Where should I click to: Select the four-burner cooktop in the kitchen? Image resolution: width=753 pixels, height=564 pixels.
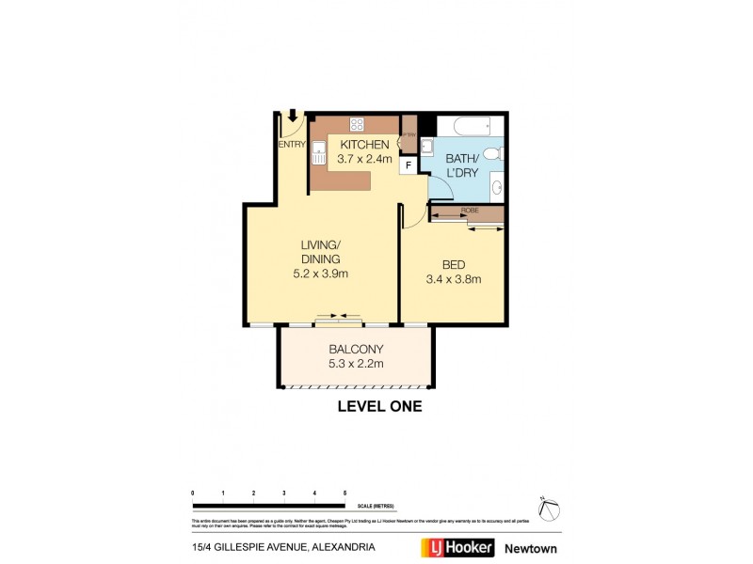(358, 123)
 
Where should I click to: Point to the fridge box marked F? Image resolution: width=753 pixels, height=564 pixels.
(409, 165)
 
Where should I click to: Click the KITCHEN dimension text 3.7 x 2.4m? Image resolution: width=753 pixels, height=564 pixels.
(364, 159)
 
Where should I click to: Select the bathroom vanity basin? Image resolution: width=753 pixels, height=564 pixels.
(497, 187)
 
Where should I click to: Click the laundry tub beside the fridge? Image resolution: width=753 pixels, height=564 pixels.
(425, 146)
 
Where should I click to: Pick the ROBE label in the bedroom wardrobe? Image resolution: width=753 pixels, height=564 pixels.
(469, 211)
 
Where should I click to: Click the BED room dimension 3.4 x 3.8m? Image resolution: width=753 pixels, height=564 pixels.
(454, 279)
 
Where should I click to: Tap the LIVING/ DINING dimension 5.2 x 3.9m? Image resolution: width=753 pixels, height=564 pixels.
(320, 274)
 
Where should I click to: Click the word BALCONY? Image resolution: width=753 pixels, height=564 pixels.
(355, 350)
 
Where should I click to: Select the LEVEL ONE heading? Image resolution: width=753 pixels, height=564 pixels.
(379, 407)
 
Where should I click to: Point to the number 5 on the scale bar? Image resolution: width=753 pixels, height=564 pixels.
(344, 493)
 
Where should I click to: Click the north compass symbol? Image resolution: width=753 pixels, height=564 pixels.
(549, 508)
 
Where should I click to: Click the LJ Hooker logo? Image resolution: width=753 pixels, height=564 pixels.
(456, 547)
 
